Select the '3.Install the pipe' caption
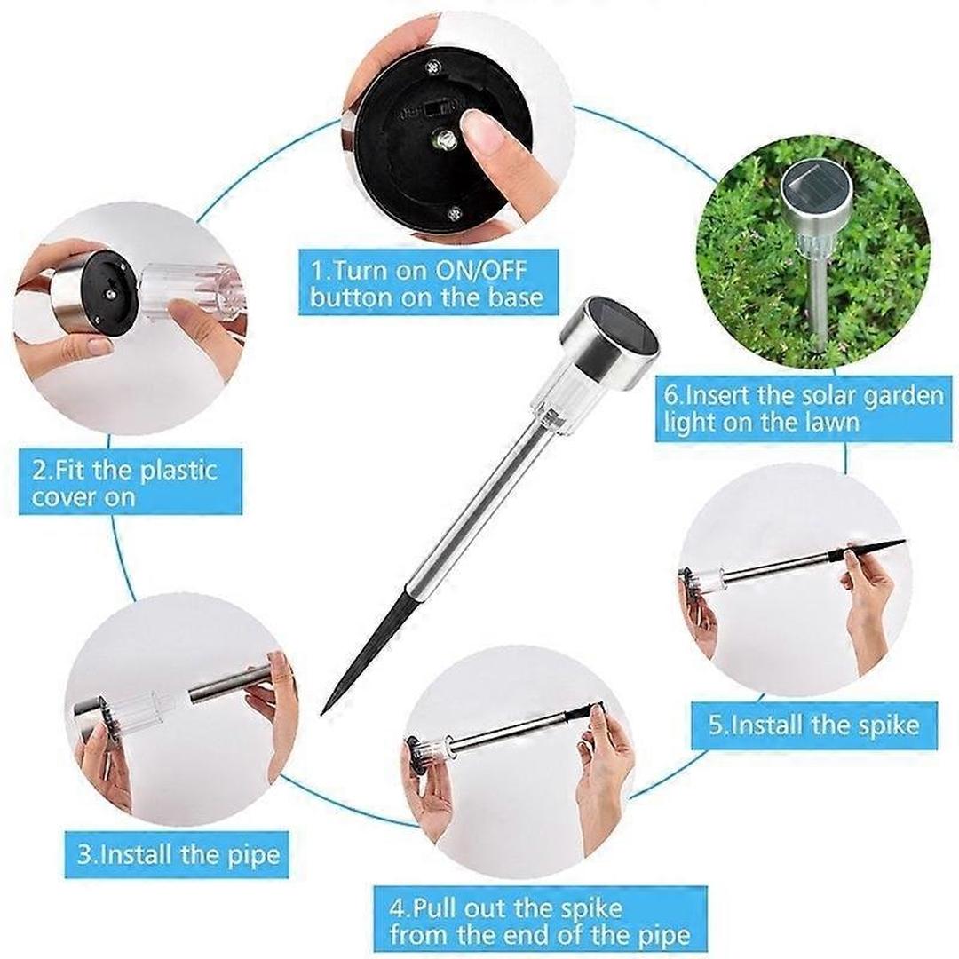click(x=178, y=854)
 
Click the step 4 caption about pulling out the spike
click(x=540, y=921)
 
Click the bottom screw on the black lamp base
click(x=455, y=212)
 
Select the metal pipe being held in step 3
click(x=226, y=686)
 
